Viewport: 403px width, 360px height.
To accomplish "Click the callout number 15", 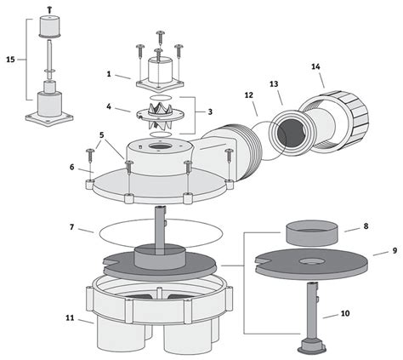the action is [x=10, y=60].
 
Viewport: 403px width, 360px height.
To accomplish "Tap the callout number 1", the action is [x=109, y=74].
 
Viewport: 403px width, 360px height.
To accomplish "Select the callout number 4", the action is [x=109, y=106].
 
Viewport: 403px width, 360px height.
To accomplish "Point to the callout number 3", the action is [x=210, y=111].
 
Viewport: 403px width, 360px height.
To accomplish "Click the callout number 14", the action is [x=315, y=66].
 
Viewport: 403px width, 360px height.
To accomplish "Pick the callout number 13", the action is [x=274, y=84].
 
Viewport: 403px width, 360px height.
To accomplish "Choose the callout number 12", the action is [x=248, y=95].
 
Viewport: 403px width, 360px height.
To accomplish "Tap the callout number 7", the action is [x=72, y=227].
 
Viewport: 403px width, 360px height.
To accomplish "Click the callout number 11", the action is [x=70, y=318].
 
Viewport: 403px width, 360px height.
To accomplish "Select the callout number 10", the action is [x=345, y=313].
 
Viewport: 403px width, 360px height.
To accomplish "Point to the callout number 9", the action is [x=394, y=251].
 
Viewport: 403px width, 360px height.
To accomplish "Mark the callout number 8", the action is [x=366, y=226].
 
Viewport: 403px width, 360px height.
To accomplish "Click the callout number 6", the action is [x=72, y=168].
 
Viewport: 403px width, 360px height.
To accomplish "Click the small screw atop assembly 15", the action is [x=49, y=9].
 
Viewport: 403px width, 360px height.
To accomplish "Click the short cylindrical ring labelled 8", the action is [x=311, y=233].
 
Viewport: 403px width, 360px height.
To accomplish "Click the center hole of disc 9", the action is [x=311, y=261].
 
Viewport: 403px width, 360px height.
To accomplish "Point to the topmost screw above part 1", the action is [x=161, y=36].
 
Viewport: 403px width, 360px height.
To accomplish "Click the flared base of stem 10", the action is [x=312, y=346].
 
